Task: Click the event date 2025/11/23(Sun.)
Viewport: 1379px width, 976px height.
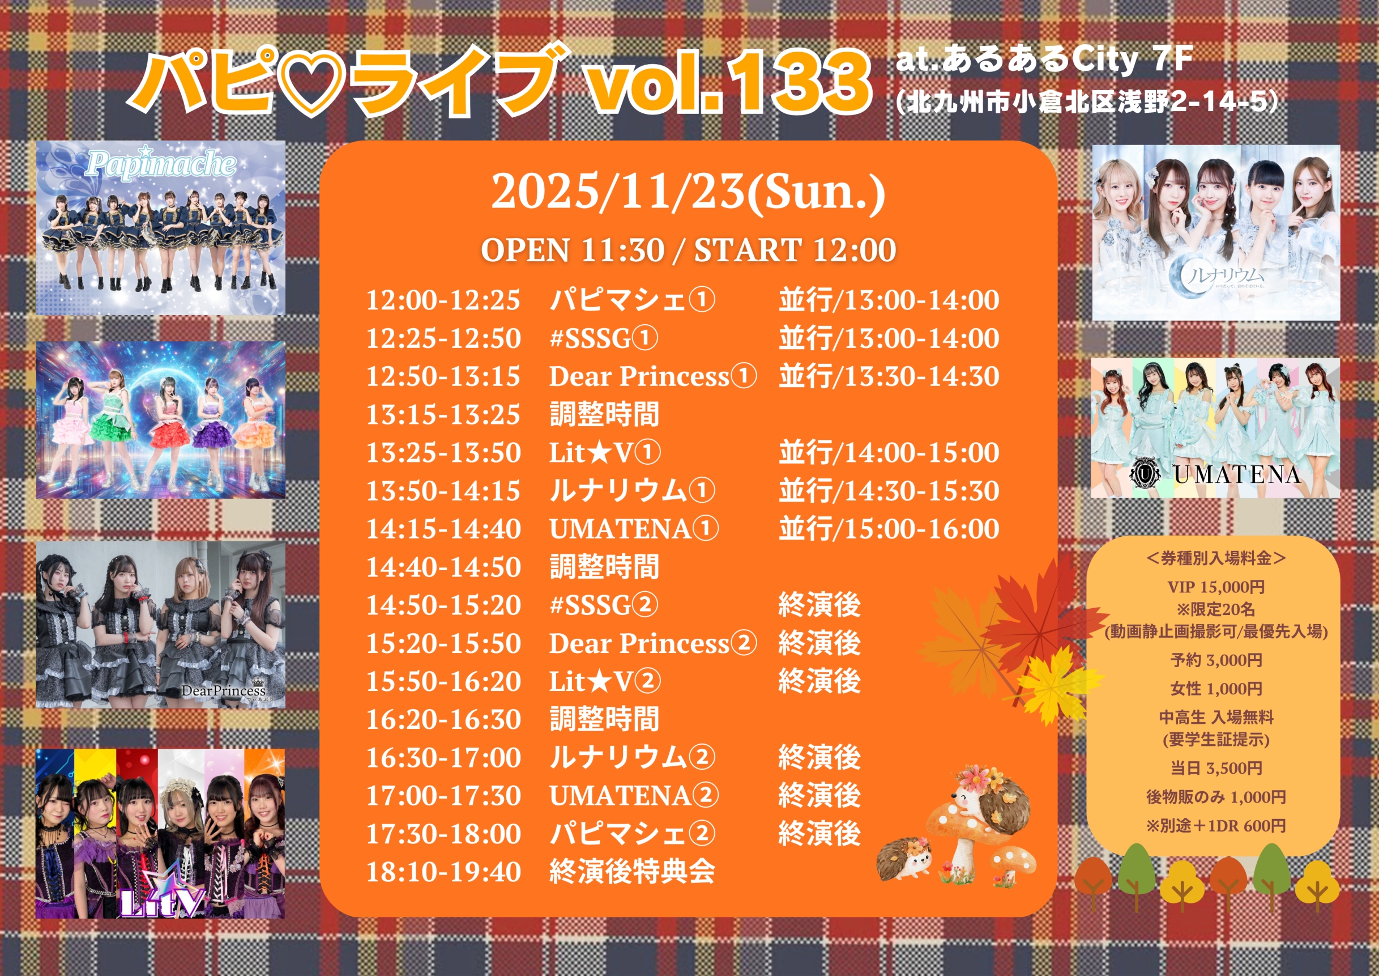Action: [x=688, y=192]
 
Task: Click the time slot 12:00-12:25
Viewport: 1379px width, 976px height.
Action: [x=443, y=300]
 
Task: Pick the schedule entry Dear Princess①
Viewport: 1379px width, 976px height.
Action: [x=653, y=376]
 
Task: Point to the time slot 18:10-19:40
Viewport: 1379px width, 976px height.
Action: [x=443, y=872]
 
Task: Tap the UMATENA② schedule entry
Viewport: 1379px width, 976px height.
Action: [x=634, y=796]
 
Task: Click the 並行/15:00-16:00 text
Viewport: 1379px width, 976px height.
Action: [x=889, y=529]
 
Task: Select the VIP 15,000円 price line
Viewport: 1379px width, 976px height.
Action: [x=1216, y=587]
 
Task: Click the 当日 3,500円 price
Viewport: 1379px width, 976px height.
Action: [x=1216, y=768]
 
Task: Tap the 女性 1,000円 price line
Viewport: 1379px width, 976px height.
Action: [x=1216, y=689]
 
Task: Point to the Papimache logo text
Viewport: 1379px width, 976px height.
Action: [x=160, y=163]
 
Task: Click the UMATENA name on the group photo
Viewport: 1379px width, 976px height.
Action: [x=1237, y=475]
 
